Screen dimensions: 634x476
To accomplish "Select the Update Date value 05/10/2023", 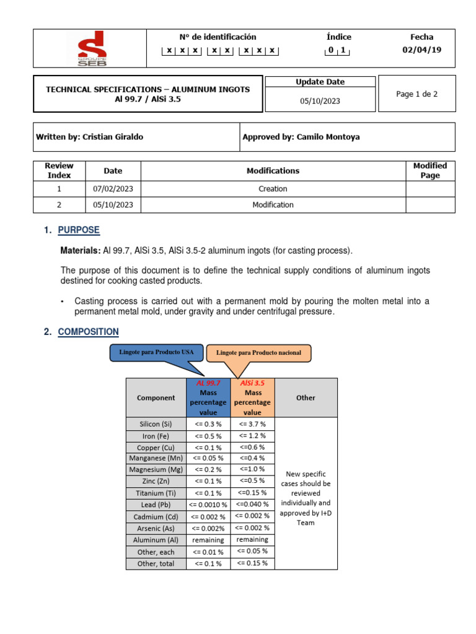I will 320,100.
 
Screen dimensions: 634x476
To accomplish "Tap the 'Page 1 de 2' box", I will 416,93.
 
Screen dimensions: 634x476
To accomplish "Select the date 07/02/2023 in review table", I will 113,189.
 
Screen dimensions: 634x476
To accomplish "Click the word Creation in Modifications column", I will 273,189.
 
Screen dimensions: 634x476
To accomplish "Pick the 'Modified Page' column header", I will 430,170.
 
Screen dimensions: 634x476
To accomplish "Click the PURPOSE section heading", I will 78,230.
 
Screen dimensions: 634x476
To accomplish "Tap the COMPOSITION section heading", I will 88,332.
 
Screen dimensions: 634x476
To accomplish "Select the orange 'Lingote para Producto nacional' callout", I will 258,353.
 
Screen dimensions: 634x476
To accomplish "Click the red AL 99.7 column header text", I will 208,383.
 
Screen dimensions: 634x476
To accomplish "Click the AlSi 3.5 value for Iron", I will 252,435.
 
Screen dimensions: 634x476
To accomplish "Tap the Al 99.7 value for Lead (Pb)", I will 208,505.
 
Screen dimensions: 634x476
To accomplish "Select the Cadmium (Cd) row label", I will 156,516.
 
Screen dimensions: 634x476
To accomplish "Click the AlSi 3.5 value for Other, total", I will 252,563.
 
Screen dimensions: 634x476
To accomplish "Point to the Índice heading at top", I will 338,37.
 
